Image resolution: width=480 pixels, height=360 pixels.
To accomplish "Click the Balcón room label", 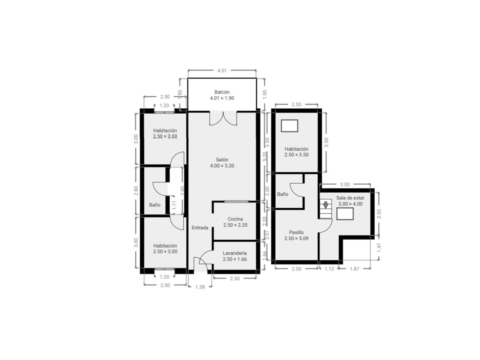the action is pos(222,95).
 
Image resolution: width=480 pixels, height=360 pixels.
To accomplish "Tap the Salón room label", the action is pos(222,163).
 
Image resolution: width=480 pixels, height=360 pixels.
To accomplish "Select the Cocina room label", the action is pos(235,222).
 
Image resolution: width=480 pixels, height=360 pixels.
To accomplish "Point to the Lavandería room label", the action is pos(235,256).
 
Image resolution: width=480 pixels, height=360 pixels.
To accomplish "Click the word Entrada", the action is pos(200,228).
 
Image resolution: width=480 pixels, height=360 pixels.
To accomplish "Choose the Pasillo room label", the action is pos(296,235).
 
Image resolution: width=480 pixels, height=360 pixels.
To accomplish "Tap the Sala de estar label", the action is pos(350,201).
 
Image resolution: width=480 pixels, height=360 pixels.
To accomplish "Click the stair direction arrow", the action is pos(326,205).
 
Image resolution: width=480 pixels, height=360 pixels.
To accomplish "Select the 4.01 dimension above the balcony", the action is pos(222,70).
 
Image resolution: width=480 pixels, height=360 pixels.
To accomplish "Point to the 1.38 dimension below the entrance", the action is pos(200,287).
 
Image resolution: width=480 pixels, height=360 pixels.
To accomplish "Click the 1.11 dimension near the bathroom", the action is pos(174,205).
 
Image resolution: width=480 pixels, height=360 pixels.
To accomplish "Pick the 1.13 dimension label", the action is pos(329,269).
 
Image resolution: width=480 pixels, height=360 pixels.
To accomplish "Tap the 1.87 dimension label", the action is pos(354,269).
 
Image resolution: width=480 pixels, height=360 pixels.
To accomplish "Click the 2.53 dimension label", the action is pos(379,214).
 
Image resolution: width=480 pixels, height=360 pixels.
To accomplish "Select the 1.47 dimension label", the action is pos(379,248).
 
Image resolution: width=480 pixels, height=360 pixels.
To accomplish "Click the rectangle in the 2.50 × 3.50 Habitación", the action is pos(289,126).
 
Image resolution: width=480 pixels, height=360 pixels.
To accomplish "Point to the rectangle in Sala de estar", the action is pos(345,214).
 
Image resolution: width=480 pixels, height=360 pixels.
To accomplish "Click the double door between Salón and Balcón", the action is pos(223,118).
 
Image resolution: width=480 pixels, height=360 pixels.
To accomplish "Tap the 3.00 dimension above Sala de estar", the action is pos(345,184).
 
